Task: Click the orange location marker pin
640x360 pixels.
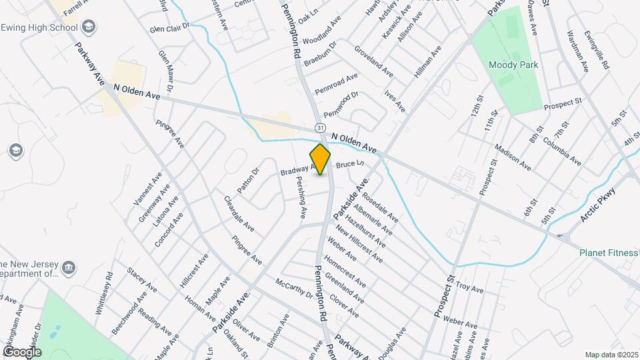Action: (x=320, y=159)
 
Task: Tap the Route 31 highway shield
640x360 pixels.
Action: (x=321, y=127)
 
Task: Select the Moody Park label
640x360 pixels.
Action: (x=513, y=65)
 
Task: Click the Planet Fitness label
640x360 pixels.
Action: (x=608, y=253)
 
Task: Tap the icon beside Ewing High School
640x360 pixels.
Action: (x=89, y=27)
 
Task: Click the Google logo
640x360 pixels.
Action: (x=22, y=351)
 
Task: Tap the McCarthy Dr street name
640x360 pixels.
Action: (x=293, y=288)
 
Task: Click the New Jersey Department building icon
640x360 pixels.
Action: (x=69, y=268)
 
